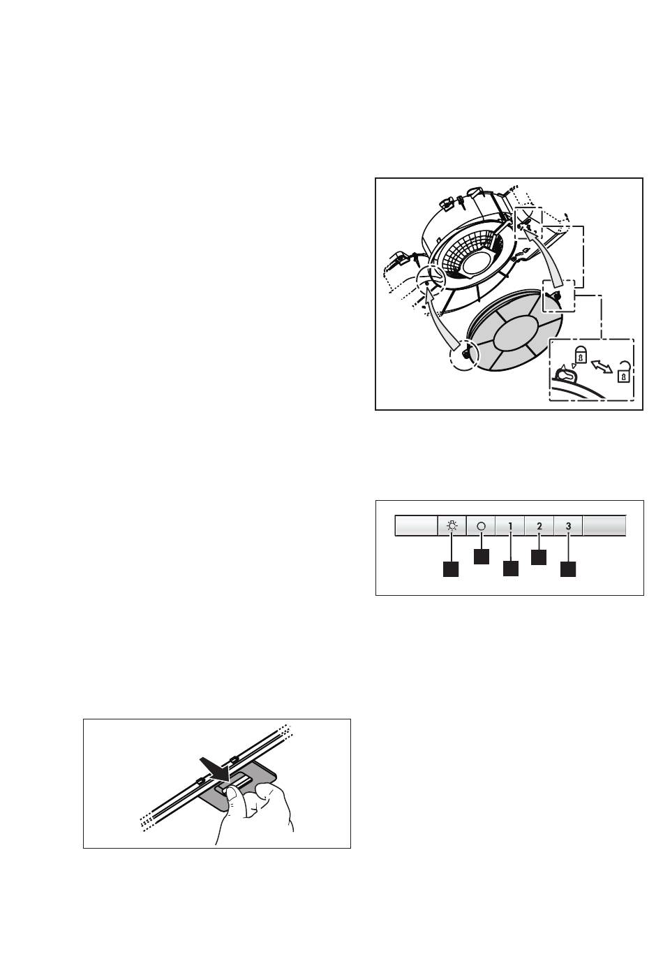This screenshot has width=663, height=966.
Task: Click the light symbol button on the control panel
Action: (x=452, y=525)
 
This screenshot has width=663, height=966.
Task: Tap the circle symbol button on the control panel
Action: (x=482, y=525)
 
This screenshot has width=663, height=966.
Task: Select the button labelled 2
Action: (x=539, y=525)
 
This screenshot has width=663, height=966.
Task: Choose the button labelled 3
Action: (x=568, y=525)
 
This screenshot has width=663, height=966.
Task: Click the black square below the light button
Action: (x=451, y=569)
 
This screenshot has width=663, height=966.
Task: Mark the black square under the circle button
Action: (x=482, y=556)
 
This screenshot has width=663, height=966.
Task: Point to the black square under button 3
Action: (x=568, y=569)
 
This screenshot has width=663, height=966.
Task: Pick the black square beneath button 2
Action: (x=539, y=557)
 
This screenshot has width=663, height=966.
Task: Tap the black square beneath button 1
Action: (x=510, y=568)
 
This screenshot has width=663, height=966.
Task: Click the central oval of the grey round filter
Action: (x=516, y=333)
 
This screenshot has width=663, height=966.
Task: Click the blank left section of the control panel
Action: (x=416, y=525)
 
